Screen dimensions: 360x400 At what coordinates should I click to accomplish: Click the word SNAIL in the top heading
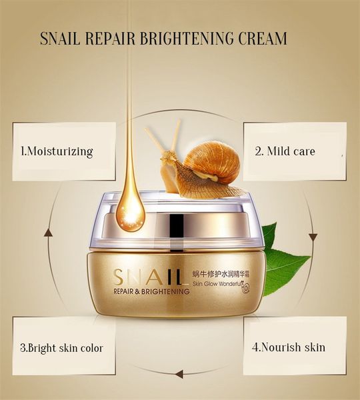coord(60,39)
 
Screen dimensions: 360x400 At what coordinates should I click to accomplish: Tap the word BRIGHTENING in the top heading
coord(187,39)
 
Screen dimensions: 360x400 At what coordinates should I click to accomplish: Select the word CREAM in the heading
coord(263,39)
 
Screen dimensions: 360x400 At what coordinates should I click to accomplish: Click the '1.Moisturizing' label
coord(57,151)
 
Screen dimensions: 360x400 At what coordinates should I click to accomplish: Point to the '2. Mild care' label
coord(285,151)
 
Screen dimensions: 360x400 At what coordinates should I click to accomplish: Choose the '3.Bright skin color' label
coord(61,348)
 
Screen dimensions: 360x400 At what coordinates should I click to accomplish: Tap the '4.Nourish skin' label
coord(289,347)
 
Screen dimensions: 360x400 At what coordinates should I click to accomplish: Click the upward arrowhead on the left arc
coord(48,233)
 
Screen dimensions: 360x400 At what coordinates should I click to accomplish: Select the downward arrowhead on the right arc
coord(313,237)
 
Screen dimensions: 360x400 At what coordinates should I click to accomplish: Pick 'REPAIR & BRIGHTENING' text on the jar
coord(151,291)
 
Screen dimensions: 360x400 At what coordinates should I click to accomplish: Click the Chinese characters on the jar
coord(220,275)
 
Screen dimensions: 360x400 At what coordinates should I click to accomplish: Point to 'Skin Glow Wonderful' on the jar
coord(217,283)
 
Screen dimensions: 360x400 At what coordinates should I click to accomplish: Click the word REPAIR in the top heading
coord(110,39)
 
